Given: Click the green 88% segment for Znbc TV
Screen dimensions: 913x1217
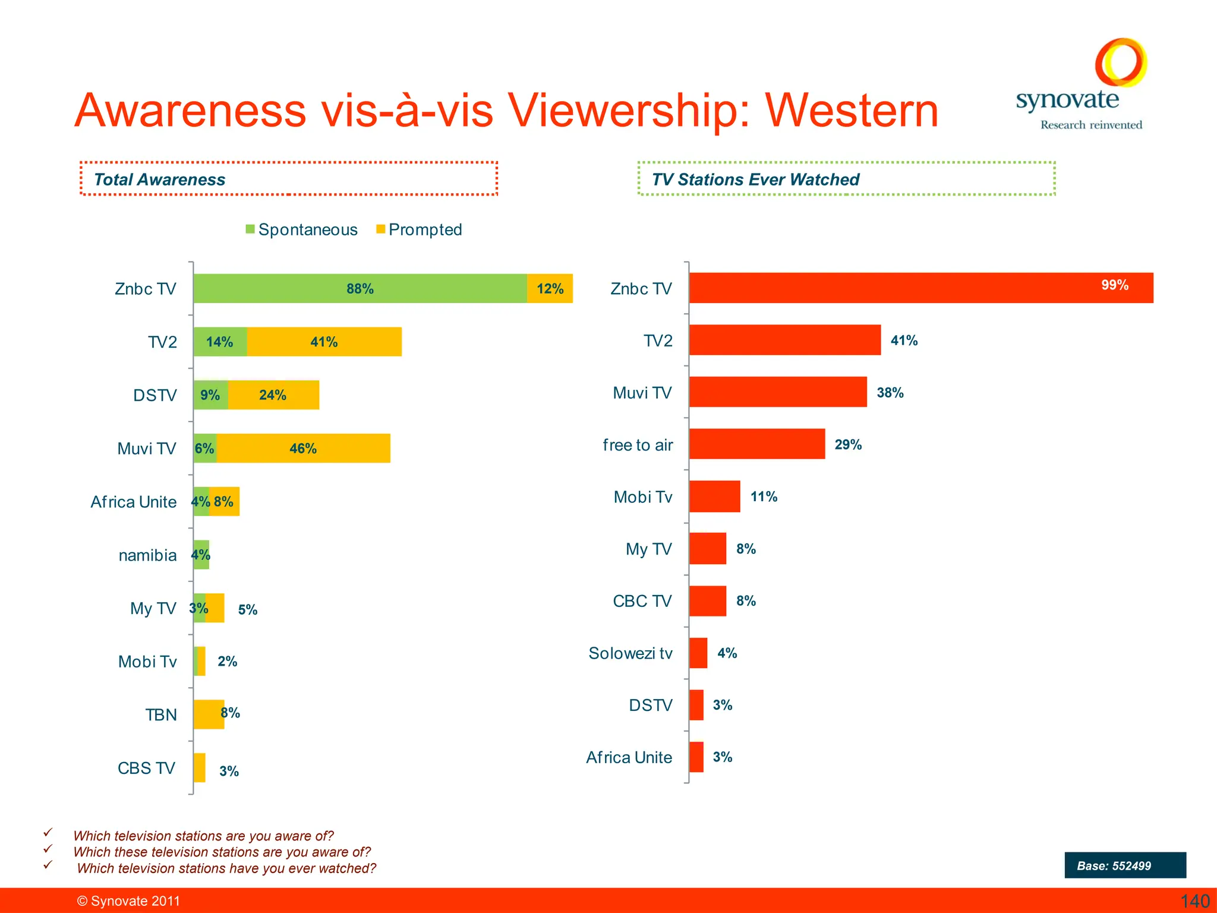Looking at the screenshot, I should pos(360,288).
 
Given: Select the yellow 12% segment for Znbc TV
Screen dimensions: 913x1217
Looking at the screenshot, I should pos(550,288).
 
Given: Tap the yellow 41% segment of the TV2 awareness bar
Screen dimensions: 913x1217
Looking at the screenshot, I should pos(324,342).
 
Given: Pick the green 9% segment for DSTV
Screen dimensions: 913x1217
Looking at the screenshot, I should pos(210,395).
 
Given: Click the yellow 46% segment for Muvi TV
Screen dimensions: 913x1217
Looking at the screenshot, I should pos(303,448).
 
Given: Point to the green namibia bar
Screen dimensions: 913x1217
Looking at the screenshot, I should pos(201,555).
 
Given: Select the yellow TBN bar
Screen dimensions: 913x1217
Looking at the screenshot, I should pos(208,714).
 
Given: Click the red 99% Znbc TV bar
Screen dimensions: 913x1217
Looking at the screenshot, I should pos(921,288).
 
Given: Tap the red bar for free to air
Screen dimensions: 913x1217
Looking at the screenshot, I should pos(757,444).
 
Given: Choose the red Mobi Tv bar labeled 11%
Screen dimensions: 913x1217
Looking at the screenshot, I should pos(715,496).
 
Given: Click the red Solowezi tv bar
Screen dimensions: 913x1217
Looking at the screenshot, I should pos(698,653).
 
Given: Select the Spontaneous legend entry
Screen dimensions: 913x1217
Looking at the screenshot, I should pos(302,229).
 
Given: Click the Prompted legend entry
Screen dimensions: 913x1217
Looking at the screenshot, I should pos(420,229).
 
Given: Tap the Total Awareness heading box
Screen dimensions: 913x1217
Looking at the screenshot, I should pos(289,178).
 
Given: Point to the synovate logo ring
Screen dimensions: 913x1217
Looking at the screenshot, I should pos(1121,62).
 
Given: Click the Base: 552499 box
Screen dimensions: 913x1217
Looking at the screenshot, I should pos(1125,865).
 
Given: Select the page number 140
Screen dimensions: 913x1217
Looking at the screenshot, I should pos(1194,901).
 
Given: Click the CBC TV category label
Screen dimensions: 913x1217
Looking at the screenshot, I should pos(642,601).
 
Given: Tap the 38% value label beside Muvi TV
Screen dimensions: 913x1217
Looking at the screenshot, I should pos(890,392).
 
